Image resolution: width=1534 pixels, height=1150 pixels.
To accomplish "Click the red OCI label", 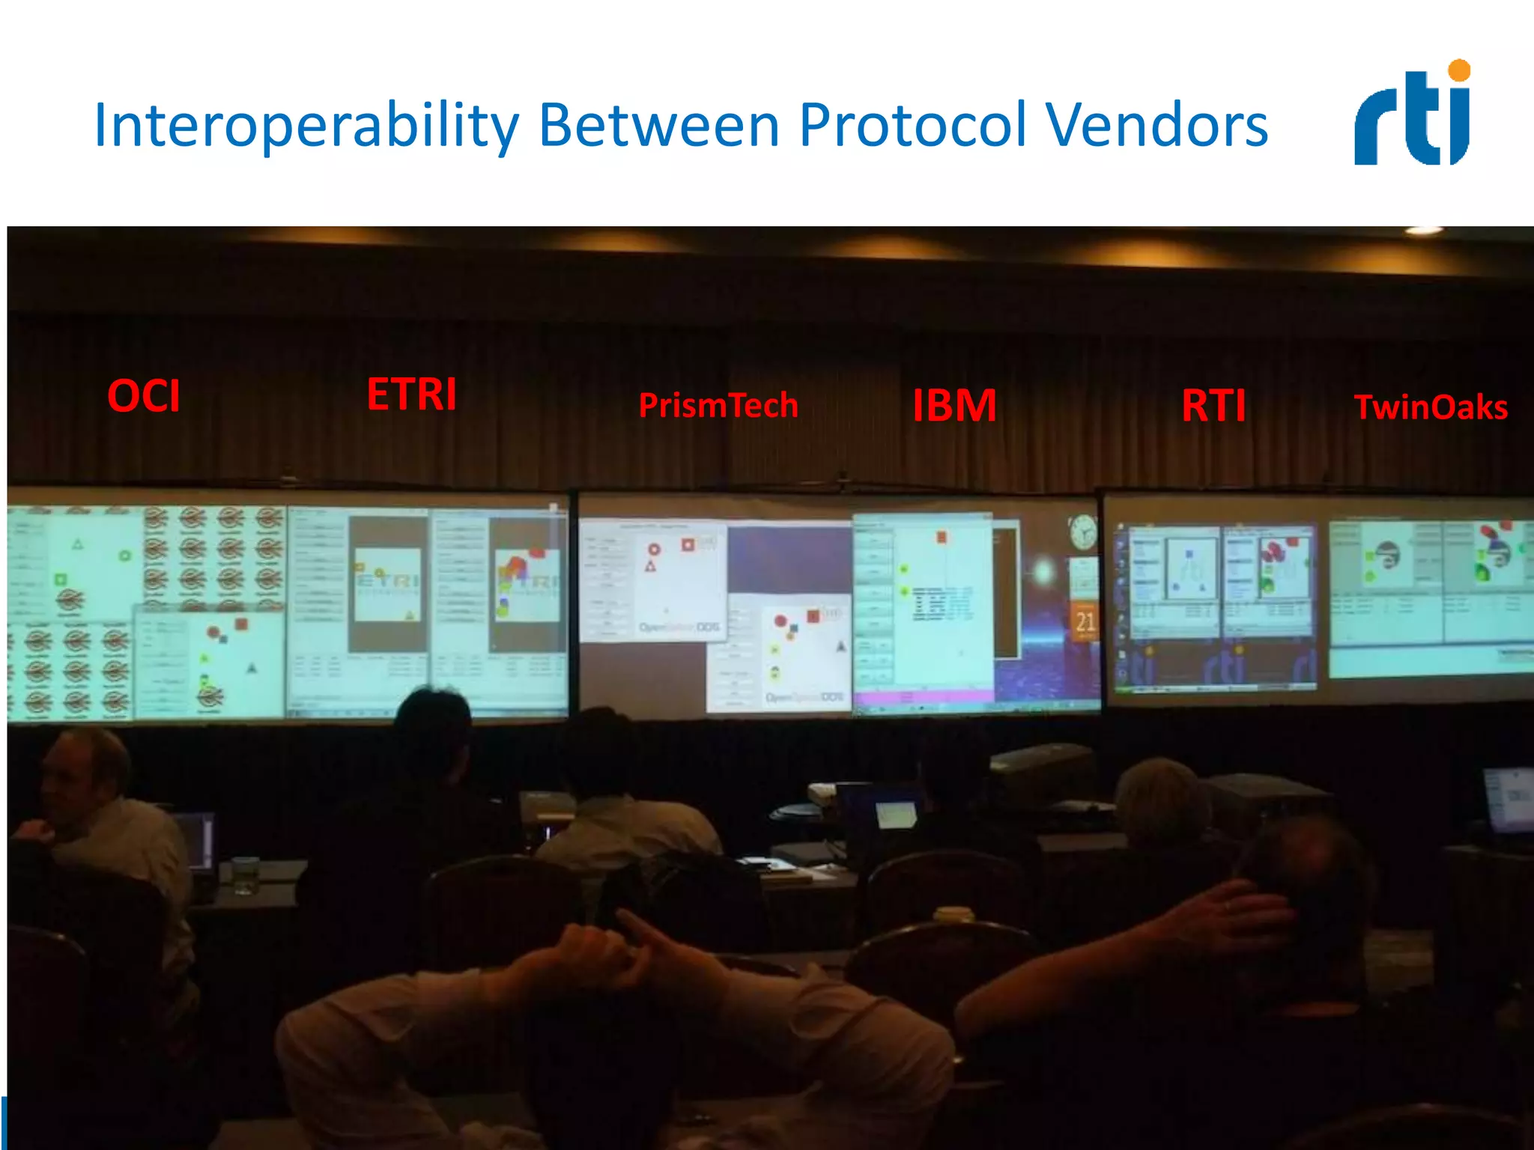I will click(144, 396).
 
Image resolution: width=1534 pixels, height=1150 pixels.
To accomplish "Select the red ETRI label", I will click(411, 394).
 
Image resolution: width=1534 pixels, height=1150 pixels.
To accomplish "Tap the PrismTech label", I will click(718, 405).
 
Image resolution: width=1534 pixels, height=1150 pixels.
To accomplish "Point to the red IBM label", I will click(954, 405).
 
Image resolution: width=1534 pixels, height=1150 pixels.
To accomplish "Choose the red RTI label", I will click(1213, 405).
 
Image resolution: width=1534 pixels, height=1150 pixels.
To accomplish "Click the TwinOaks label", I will click(1431, 407).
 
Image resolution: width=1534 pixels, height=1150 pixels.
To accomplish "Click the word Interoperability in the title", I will click(306, 126).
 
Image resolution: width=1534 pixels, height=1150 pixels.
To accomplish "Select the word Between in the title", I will click(659, 126).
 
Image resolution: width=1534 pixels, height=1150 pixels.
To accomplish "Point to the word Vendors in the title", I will click(1157, 126).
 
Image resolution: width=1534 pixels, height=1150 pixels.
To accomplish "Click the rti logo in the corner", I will click(1412, 116).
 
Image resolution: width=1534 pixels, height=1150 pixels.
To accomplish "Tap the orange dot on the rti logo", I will click(1459, 70).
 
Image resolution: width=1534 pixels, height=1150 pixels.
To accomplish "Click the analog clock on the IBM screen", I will click(1082, 532).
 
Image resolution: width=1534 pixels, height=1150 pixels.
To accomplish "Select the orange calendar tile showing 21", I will click(1085, 621).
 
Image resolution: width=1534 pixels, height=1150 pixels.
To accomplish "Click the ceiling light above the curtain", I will click(1423, 231).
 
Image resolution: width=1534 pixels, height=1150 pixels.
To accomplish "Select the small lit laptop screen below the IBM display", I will click(896, 814).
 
